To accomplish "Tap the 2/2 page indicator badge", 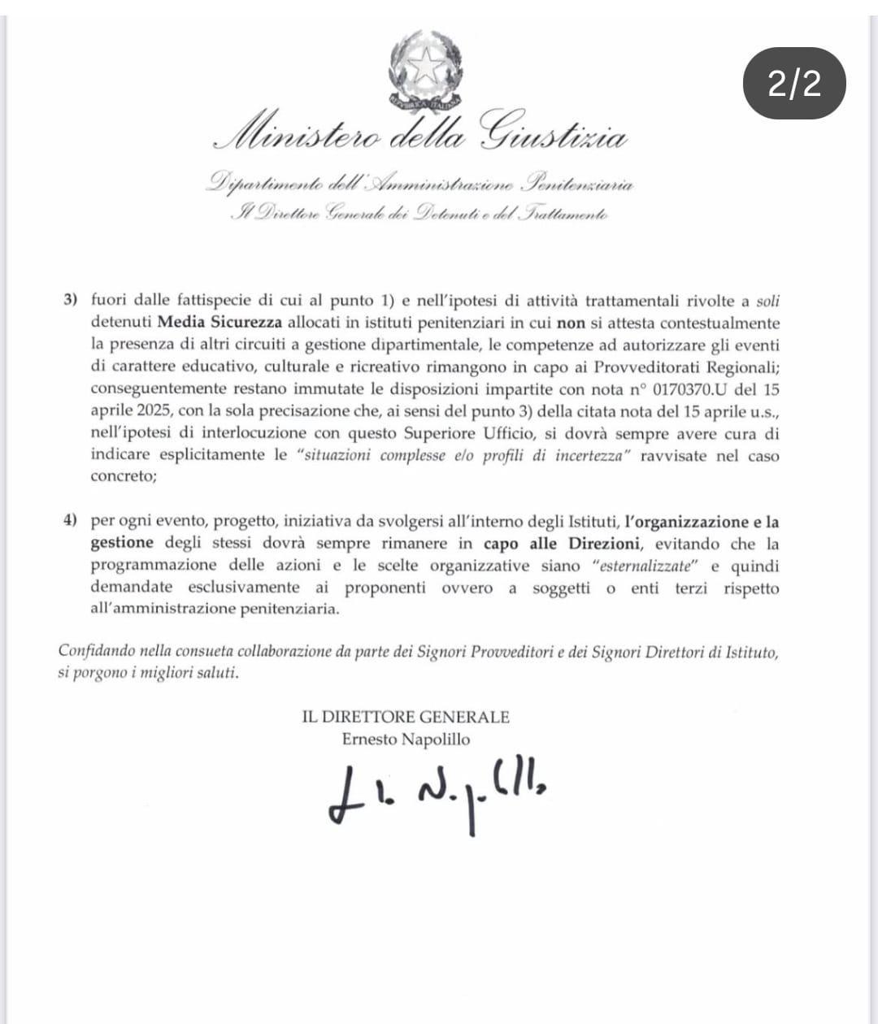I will pyautogui.click(x=795, y=84).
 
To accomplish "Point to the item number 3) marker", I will pyautogui.click(x=71, y=300).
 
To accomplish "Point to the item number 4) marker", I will pyautogui.click(x=71, y=522).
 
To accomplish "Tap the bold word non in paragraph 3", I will pyautogui.click(x=571, y=322).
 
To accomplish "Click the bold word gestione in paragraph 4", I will pyautogui.click(x=122, y=544).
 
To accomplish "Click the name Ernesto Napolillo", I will pyautogui.click(x=406, y=739).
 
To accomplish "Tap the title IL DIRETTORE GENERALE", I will pyautogui.click(x=406, y=717).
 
